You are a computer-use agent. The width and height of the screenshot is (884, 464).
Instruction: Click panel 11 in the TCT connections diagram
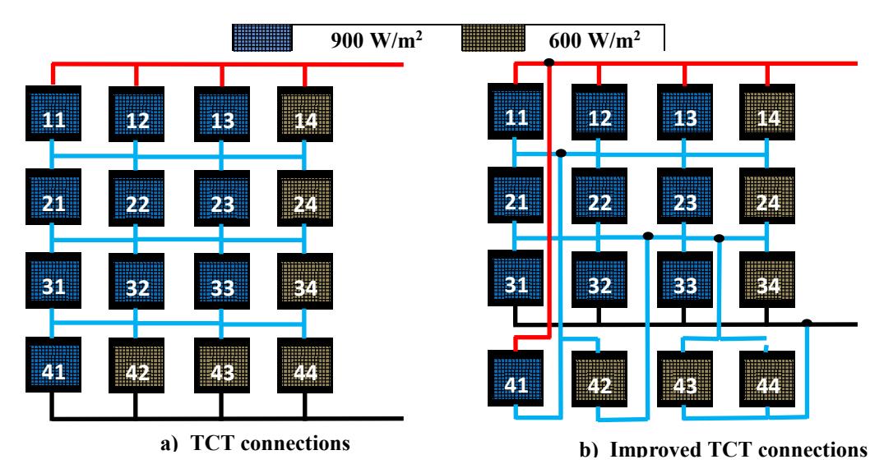pyautogui.click(x=53, y=114)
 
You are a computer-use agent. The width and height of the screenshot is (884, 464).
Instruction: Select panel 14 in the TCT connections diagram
pyautogui.click(x=305, y=114)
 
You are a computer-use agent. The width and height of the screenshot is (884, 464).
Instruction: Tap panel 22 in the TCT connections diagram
pyautogui.click(x=137, y=198)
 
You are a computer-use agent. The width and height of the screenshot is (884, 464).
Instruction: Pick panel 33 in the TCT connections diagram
pyautogui.click(x=222, y=282)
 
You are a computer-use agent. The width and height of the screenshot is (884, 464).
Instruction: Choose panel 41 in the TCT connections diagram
pyautogui.click(x=53, y=365)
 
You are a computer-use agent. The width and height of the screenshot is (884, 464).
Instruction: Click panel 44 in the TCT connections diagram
pyautogui.click(x=305, y=365)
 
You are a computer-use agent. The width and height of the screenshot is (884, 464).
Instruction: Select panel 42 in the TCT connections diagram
pyautogui.click(x=137, y=365)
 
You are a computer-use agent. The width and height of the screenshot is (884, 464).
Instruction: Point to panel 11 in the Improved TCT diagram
pyautogui.click(x=516, y=112)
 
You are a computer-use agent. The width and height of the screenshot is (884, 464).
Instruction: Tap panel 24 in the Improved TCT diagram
pyautogui.click(x=767, y=196)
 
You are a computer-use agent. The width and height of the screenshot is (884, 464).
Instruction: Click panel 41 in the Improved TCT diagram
pyautogui.click(x=516, y=379)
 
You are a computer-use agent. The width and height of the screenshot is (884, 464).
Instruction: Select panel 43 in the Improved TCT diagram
pyautogui.click(x=685, y=379)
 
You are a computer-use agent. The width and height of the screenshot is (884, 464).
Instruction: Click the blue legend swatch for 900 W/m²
pyautogui.click(x=262, y=38)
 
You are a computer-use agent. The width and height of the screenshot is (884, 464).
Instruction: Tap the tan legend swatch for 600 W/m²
pyautogui.click(x=494, y=38)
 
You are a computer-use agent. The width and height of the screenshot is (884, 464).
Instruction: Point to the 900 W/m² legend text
pyautogui.click(x=376, y=39)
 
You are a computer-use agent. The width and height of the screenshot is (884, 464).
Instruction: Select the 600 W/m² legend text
pyautogui.click(x=595, y=39)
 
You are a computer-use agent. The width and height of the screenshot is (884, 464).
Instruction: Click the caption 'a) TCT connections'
pyautogui.click(x=256, y=443)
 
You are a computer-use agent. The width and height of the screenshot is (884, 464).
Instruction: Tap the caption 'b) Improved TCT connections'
pyautogui.click(x=724, y=448)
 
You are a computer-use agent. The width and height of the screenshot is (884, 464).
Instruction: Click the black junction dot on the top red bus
pyautogui.click(x=549, y=62)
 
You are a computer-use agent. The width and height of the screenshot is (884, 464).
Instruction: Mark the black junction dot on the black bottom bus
pyautogui.click(x=807, y=323)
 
